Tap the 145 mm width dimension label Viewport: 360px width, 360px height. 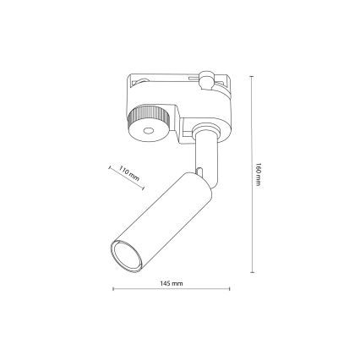172,282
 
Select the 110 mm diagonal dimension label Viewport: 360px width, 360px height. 128,177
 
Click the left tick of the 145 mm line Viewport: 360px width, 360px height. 113,290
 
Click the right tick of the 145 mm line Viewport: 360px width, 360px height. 230,290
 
